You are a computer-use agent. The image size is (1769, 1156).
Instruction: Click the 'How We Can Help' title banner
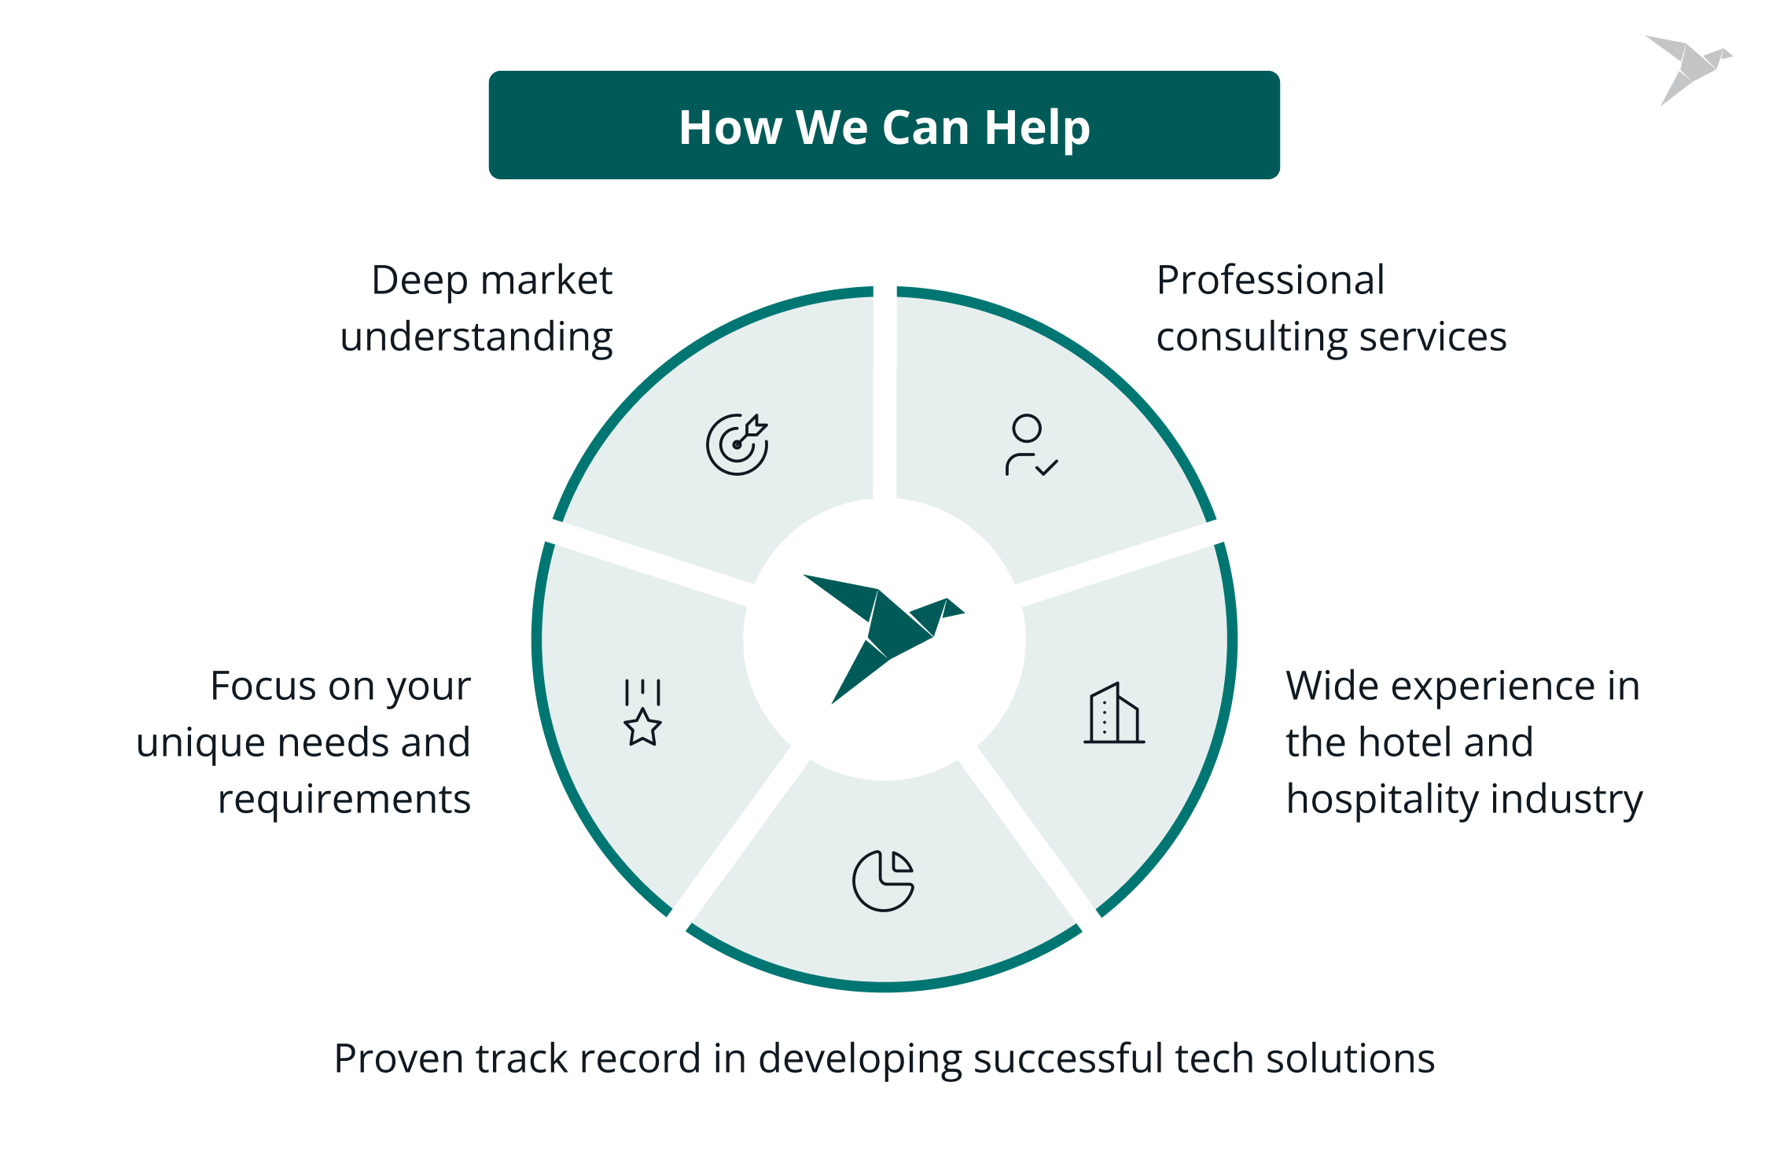(x=884, y=126)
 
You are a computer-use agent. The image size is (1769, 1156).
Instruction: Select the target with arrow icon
(x=737, y=444)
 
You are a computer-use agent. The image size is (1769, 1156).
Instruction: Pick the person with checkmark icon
(x=1030, y=446)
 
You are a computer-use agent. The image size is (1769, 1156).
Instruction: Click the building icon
(x=1114, y=713)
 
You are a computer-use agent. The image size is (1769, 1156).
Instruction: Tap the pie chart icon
(x=884, y=880)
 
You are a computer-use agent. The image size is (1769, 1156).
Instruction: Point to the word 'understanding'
(x=476, y=337)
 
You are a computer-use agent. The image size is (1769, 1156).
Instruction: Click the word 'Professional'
(x=1271, y=281)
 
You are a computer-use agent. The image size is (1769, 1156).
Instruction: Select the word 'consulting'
(x=1251, y=337)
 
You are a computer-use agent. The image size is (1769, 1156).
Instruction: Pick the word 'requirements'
(x=344, y=800)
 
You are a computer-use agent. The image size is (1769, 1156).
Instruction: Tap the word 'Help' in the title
(x=1037, y=128)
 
